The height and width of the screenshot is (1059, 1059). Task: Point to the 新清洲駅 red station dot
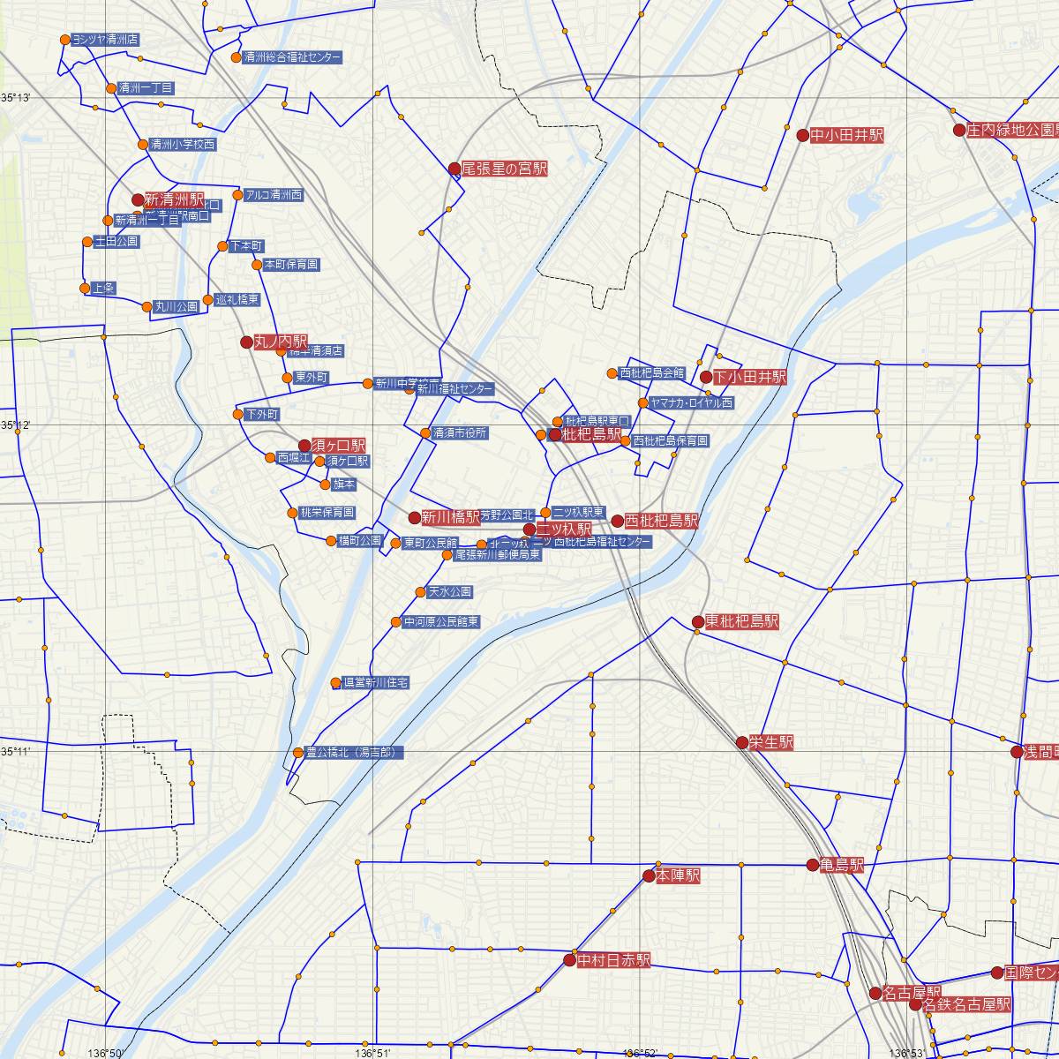[138, 200]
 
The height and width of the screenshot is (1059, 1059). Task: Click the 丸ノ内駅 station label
[281, 342]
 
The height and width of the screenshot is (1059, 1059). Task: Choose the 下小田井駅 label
[749, 377]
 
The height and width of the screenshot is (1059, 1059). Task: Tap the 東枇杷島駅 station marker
[697, 622]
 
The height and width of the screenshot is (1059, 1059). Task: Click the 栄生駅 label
[770, 743]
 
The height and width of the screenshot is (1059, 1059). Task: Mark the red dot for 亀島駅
[813, 866]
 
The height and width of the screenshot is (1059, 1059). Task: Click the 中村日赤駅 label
[613, 960]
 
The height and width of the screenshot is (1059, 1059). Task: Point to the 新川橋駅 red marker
[415, 517]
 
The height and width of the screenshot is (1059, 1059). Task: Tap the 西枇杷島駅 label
[661, 522]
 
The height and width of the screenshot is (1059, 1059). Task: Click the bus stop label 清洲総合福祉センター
[292, 57]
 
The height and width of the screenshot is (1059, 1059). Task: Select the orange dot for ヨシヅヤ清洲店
[65, 40]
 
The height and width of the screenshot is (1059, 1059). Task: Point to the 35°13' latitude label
[15, 97]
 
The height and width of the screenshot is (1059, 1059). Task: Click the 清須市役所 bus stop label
[459, 433]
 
